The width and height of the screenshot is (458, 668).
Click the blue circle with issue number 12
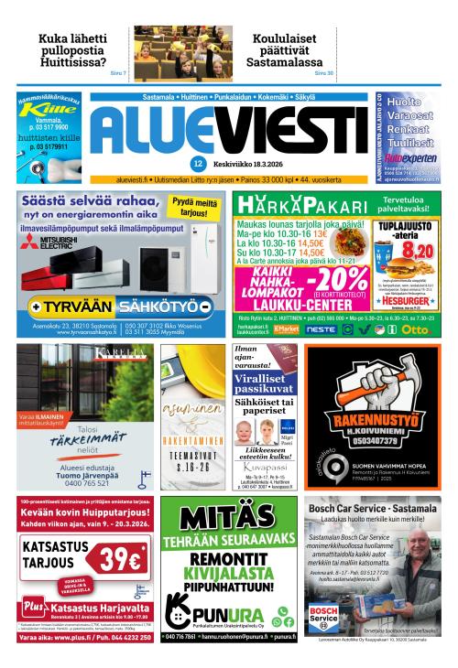pyautogui.click(x=197, y=165)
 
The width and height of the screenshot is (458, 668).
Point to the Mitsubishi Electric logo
pyautogui.click(x=42, y=242)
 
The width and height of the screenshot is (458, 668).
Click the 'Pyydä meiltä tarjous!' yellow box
pyautogui.click(x=195, y=207)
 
